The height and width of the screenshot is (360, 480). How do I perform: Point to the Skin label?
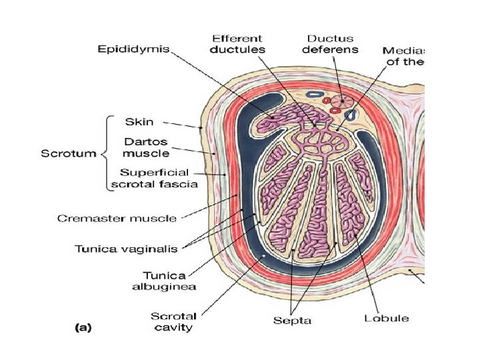(x=140, y=122)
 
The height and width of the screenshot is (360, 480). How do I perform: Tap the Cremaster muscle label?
(x=117, y=217)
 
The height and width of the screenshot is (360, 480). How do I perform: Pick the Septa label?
(x=292, y=321)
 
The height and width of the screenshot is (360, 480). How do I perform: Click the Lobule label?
(x=387, y=317)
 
